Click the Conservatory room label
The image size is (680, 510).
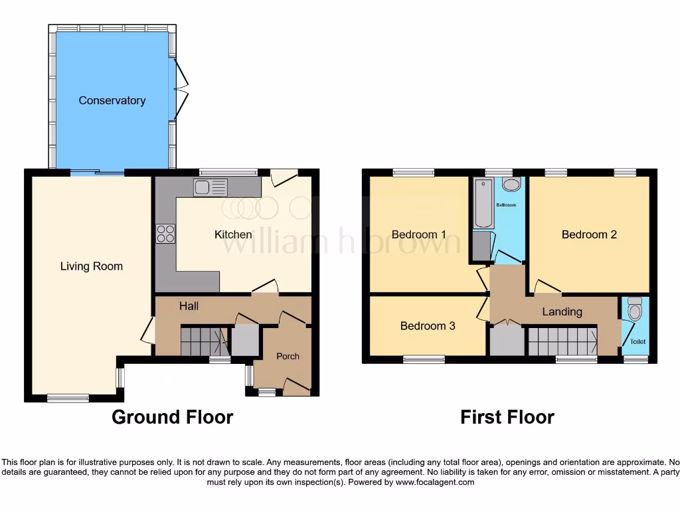pyautogui.click(x=112, y=100)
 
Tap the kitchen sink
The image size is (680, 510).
pyautogui.click(x=211, y=187)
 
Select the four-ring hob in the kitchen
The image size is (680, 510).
pyautogui.click(x=165, y=234)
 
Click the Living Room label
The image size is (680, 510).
pyautogui.click(x=92, y=266)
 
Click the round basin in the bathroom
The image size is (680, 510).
pyautogui.click(x=511, y=185)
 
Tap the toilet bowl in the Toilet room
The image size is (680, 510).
pyautogui.click(x=636, y=311)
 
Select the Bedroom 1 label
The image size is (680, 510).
pyautogui.click(x=418, y=234)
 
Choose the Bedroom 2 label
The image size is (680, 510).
pyautogui.click(x=589, y=234)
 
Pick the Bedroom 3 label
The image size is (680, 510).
pyautogui.click(x=428, y=326)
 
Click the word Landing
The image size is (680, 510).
pyautogui.click(x=562, y=311)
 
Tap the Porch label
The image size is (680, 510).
pyautogui.click(x=288, y=356)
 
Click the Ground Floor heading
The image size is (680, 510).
pyautogui.click(x=172, y=417)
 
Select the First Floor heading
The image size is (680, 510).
pyautogui.click(x=507, y=417)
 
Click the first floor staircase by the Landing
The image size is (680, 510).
pyautogui.click(x=562, y=341)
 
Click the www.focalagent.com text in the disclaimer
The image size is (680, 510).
pyautogui.click(x=434, y=482)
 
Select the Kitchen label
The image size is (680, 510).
pyautogui.click(x=233, y=234)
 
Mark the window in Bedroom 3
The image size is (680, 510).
pyautogui.click(x=424, y=359)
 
